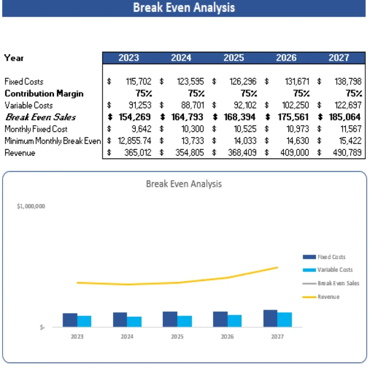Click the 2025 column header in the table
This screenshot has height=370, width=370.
(x=234, y=58)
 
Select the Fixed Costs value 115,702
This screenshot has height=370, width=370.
(x=139, y=81)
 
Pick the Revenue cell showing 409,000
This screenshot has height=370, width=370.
(x=297, y=153)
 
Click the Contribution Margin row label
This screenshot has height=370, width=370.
(x=44, y=94)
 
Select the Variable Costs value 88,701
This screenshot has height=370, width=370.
(x=191, y=105)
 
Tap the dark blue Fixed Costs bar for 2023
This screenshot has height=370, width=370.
(x=70, y=320)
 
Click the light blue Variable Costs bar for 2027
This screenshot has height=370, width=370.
(x=285, y=320)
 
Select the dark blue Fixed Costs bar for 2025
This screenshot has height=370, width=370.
(x=170, y=319)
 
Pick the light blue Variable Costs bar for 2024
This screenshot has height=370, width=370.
(x=134, y=322)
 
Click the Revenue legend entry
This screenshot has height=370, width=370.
(x=328, y=297)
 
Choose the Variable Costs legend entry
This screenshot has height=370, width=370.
(x=335, y=270)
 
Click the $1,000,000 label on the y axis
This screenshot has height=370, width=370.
(x=31, y=207)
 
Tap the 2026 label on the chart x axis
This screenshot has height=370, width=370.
(x=227, y=337)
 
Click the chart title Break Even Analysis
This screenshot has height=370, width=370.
(x=184, y=184)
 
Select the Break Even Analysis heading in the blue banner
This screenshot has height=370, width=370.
(x=184, y=8)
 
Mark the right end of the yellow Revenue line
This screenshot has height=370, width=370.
(x=277, y=267)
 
